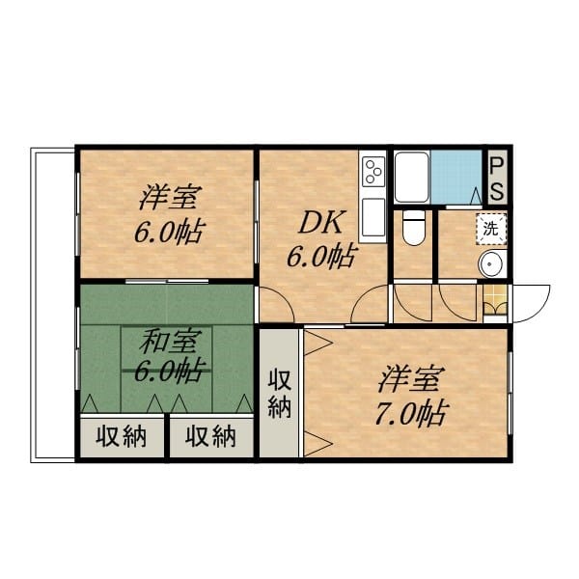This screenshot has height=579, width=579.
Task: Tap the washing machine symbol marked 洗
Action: pyautogui.click(x=491, y=230)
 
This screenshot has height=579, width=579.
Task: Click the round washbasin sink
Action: pyautogui.click(x=492, y=264)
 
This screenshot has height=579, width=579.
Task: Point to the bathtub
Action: pyautogui.click(x=412, y=178)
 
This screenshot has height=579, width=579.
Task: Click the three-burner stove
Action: pyautogui.click(x=373, y=171)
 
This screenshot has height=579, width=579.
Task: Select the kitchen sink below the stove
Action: pyautogui.click(x=373, y=218)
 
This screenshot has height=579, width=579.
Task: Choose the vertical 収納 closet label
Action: pyautogui.click(x=280, y=394)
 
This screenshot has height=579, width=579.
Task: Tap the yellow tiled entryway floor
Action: pyautogui.click(x=495, y=300)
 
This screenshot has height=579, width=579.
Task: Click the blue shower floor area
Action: pyautogui.click(x=457, y=177)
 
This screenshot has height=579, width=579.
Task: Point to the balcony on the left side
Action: pyautogui.click(x=53, y=305)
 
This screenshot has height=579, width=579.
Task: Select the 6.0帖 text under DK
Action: pyautogui.click(x=322, y=257)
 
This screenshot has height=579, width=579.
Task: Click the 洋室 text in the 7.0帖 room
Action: pyautogui.click(x=409, y=379)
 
